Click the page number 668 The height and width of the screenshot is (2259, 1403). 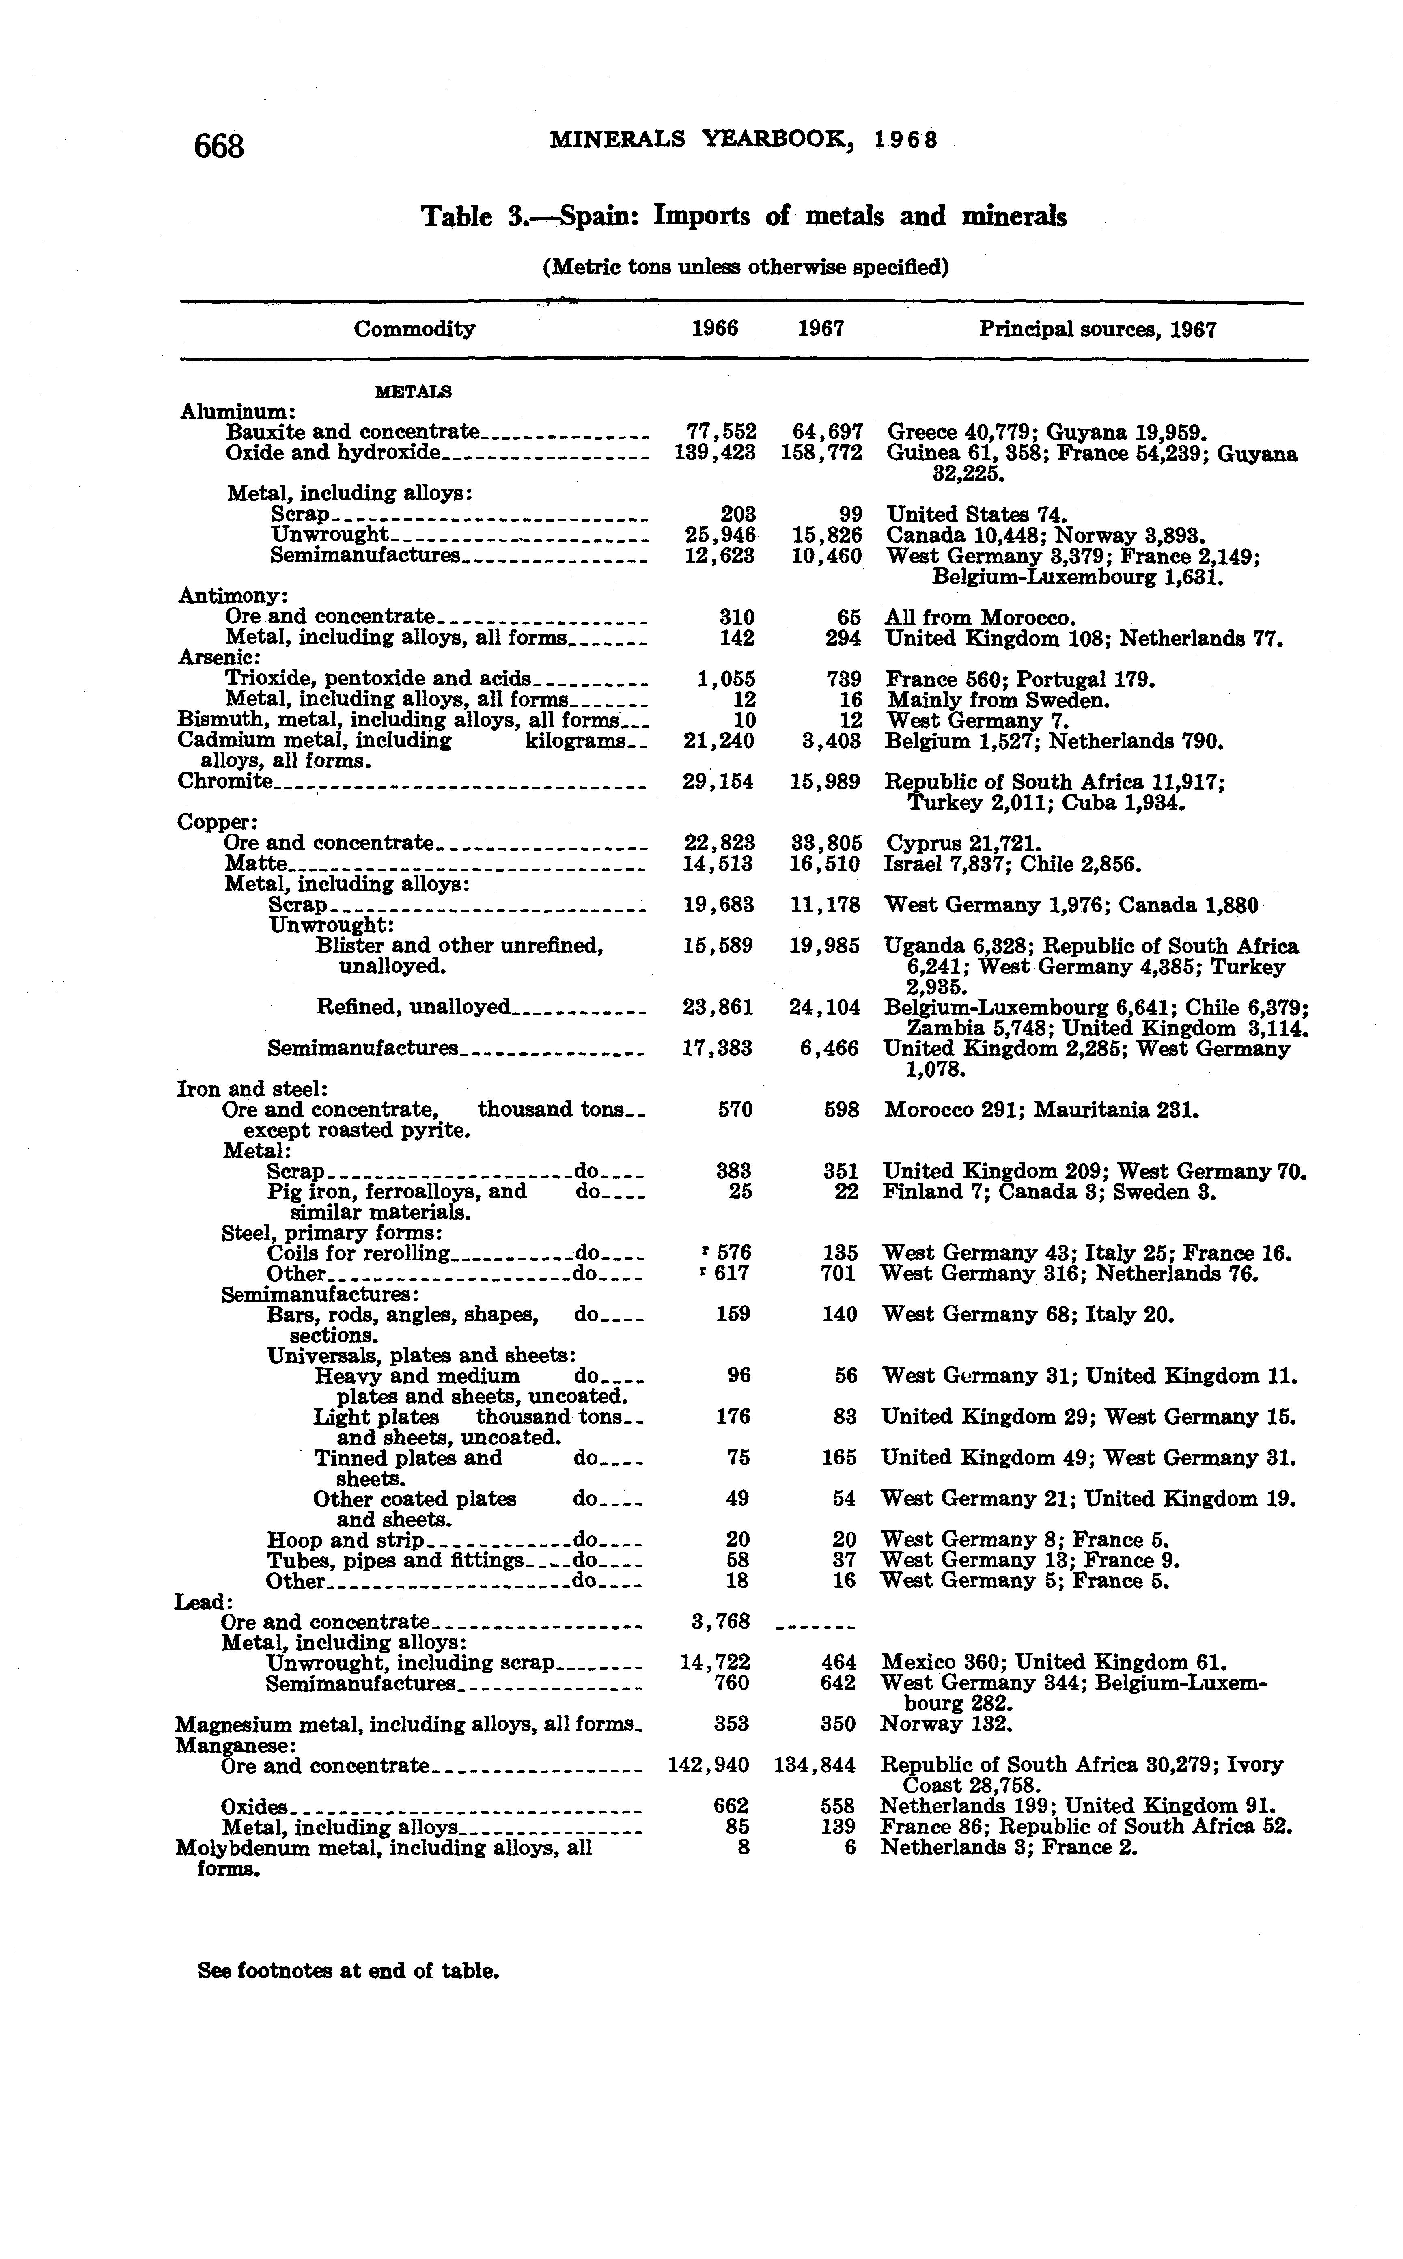pos(219,146)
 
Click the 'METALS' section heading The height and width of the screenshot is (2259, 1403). pos(413,392)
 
